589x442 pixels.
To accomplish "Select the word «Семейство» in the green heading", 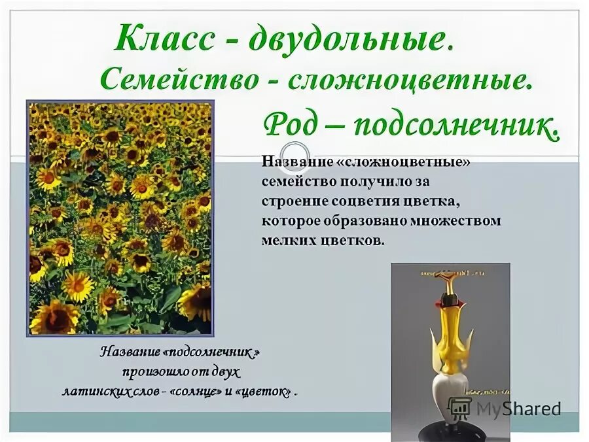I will pos(178,80).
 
